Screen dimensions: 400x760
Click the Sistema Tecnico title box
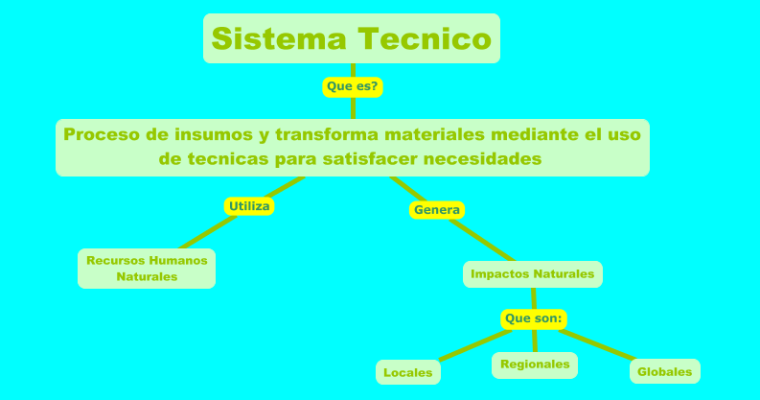coord(352,38)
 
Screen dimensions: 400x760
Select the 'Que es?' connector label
coord(353,86)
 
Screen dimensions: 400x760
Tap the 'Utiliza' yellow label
coord(249,205)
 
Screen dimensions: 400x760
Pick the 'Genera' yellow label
coord(437,209)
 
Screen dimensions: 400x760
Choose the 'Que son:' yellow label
coord(534,318)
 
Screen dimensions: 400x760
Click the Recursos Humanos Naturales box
coord(147,269)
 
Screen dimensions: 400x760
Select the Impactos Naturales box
coord(533,274)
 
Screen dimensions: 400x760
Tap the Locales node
coord(408,372)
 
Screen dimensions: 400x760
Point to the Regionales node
coord(535,365)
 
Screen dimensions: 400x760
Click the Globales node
coord(664,371)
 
